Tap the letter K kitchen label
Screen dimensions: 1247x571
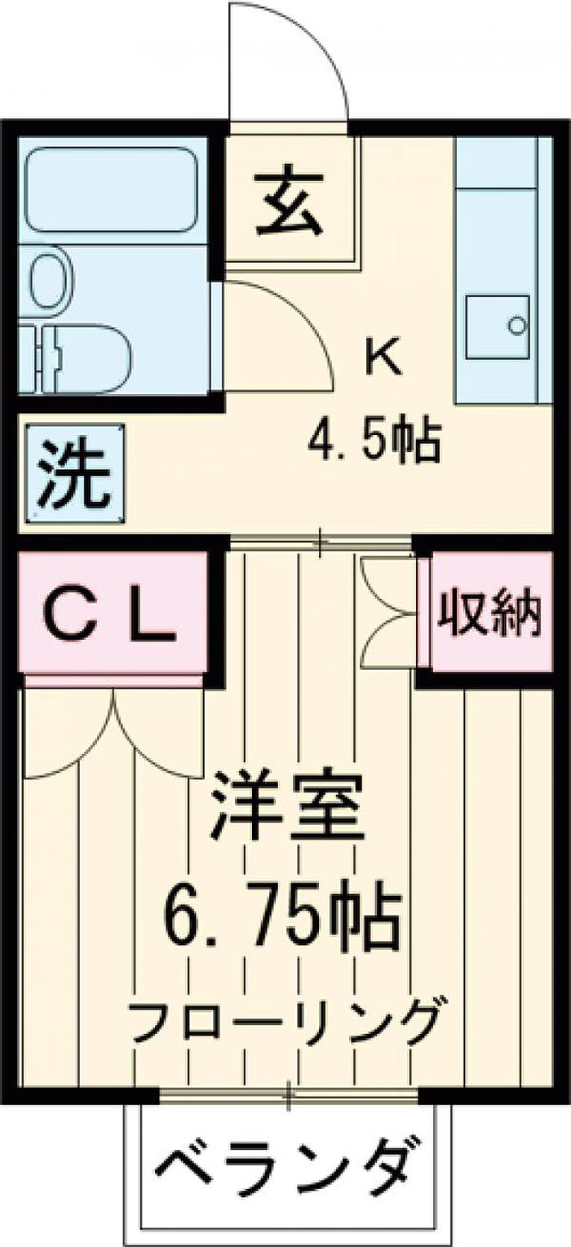click(x=383, y=357)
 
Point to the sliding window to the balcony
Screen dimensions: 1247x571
click(x=289, y=1094)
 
